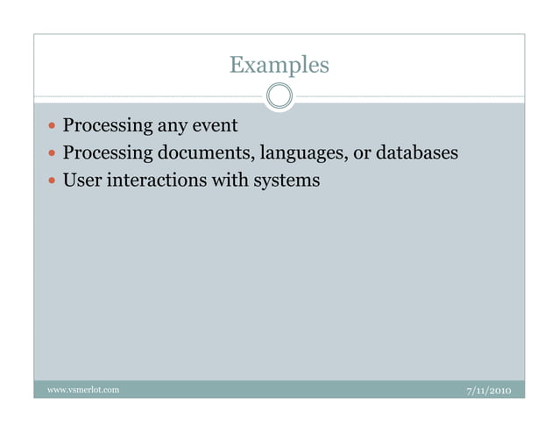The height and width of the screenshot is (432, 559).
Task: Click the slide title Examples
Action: pyautogui.click(x=279, y=65)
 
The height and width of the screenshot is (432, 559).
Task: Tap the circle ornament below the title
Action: pyautogui.click(x=279, y=95)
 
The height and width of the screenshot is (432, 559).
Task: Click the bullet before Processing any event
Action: pyautogui.click(x=52, y=127)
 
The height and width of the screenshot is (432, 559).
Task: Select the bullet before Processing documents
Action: pyautogui.click(x=52, y=154)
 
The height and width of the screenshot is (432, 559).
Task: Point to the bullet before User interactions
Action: pyautogui.click(x=52, y=181)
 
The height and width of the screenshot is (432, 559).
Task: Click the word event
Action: pyautogui.click(x=215, y=126)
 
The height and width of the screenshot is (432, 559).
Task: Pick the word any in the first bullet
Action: pyautogui.click(x=172, y=128)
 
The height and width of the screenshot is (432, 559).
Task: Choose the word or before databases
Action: pyautogui.click(x=362, y=154)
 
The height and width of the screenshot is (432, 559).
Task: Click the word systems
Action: pyautogui.click(x=286, y=181)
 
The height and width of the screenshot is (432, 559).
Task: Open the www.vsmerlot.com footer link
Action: pyautogui.click(x=83, y=388)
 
